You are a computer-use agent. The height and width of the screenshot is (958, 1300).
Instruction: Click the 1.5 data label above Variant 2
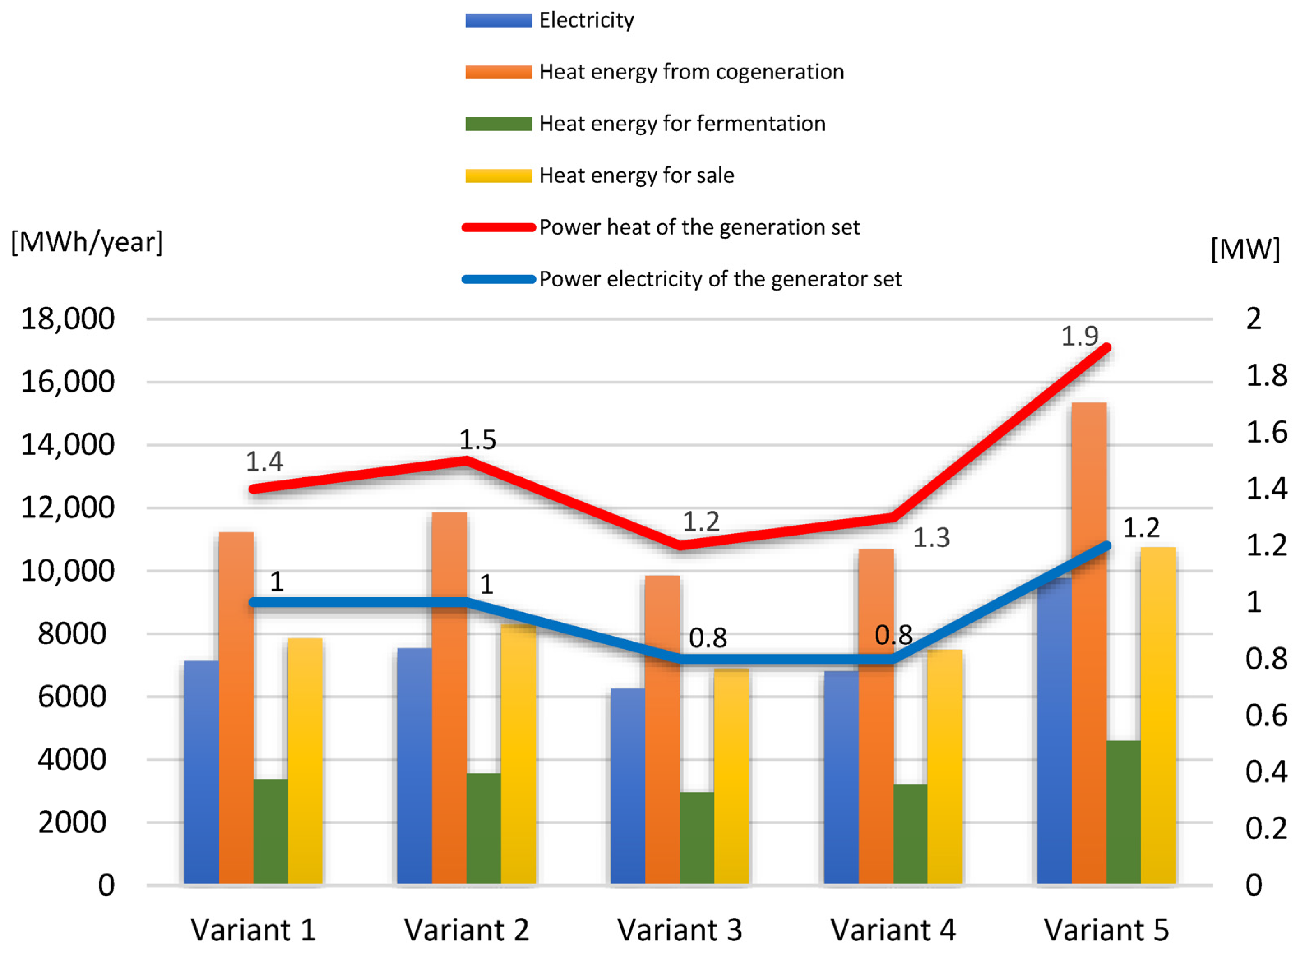(x=477, y=440)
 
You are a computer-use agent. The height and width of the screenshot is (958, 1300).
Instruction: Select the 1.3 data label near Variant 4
(x=931, y=538)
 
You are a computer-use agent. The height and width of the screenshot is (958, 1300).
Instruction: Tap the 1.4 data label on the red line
(x=264, y=462)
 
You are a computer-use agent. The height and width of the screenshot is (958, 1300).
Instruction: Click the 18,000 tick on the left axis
(x=68, y=319)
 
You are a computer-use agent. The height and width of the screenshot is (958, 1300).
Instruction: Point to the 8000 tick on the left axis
(x=72, y=634)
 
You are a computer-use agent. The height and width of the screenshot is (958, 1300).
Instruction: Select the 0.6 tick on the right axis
(x=1266, y=716)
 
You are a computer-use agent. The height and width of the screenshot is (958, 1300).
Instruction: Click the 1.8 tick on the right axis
(x=1266, y=375)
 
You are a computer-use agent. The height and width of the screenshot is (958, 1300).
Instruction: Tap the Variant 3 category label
(x=679, y=930)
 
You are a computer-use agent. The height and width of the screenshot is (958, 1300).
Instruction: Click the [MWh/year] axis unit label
(x=87, y=242)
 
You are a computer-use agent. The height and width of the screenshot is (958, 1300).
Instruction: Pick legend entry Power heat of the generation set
(x=698, y=227)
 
